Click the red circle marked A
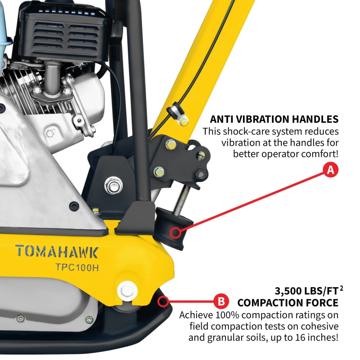pos(330,171)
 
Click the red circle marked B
pos(220,300)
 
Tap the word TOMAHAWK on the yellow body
pos(56,251)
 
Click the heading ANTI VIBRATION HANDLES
pos(274,119)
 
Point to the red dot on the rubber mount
pos(175,233)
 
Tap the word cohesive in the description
pos(318,326)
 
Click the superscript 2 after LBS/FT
pos(336,286)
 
